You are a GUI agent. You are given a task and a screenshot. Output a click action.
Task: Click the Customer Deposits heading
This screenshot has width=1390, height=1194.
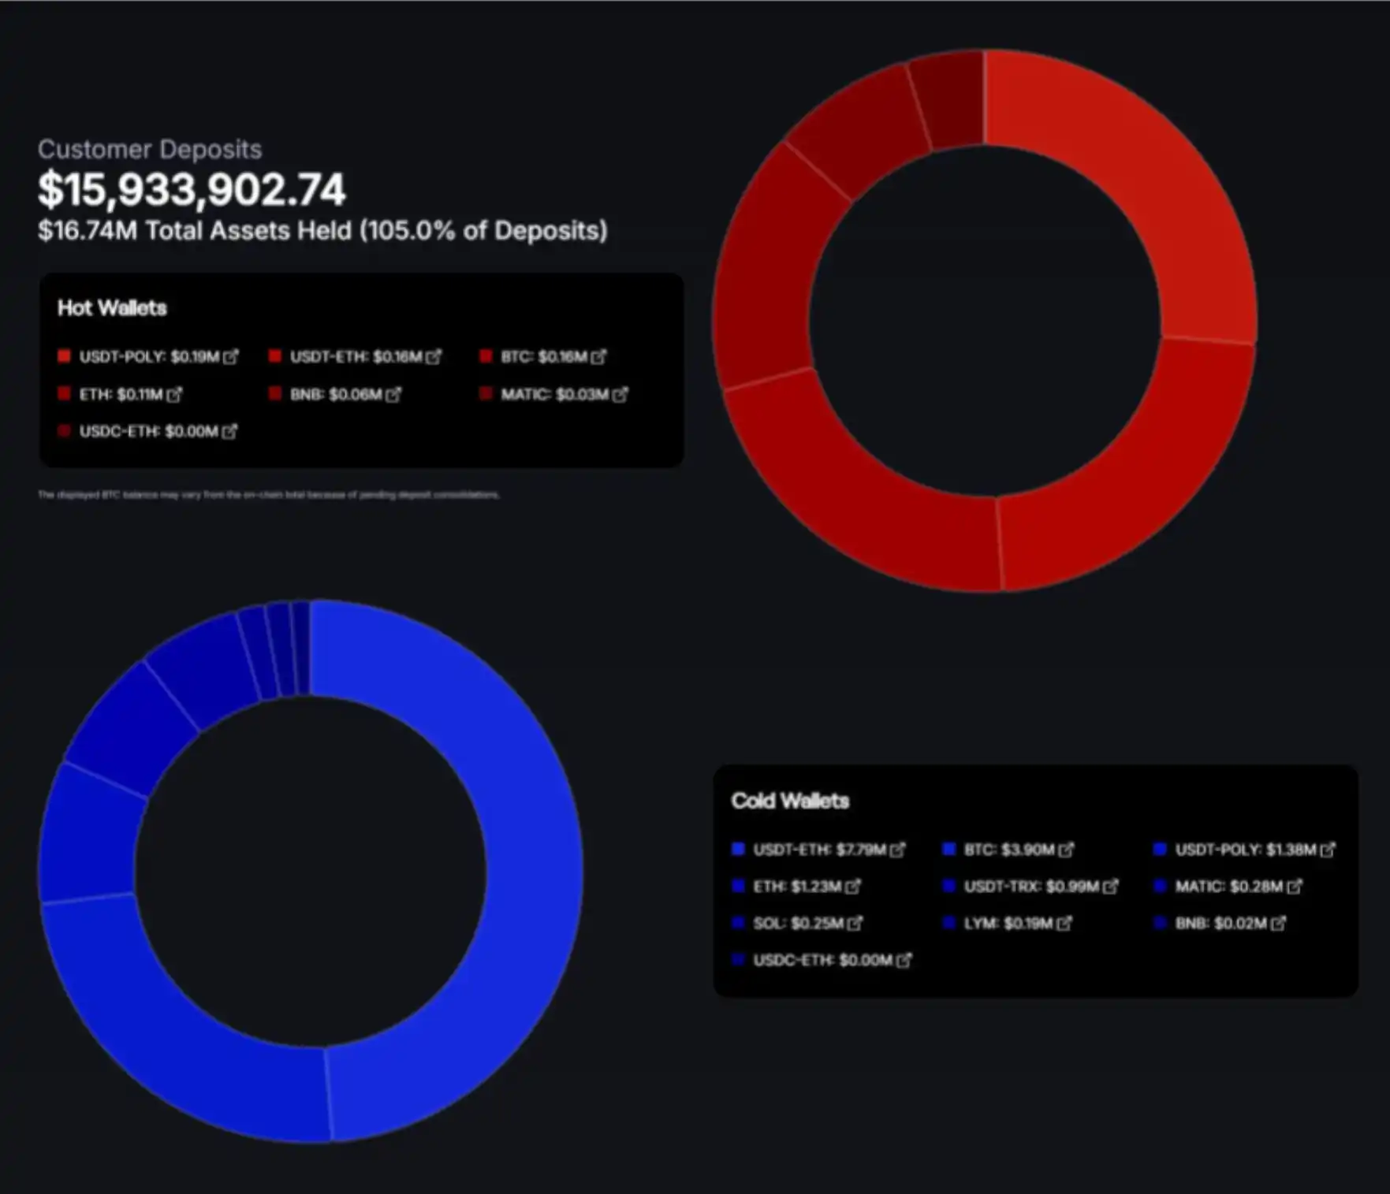[x=150, y=149]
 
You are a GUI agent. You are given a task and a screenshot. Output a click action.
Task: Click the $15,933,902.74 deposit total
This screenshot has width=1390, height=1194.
[x=192, y=190]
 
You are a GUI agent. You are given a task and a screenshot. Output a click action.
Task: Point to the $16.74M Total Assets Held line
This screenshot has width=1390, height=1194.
[x=322, y=231]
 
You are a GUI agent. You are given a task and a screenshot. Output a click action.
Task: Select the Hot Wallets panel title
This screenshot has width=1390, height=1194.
[x=112, y=308]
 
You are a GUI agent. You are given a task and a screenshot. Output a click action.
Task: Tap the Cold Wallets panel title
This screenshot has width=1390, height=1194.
[x=790, y=801]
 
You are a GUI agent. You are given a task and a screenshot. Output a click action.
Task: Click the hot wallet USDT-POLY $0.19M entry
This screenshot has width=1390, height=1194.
[x=148, y=357]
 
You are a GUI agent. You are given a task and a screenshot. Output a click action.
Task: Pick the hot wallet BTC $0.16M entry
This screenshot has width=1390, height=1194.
[x=544, y=357]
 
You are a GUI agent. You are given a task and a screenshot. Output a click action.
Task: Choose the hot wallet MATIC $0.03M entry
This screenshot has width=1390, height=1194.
[x=555, y=394]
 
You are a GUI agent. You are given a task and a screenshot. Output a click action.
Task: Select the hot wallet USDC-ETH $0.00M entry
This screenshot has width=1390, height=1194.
[x=148, y=431]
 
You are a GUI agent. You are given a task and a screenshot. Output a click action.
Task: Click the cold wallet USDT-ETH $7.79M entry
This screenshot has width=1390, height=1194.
[x=820, y=850]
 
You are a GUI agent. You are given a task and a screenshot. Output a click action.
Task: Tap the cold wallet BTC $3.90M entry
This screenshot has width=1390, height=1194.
[x=1009, y=850]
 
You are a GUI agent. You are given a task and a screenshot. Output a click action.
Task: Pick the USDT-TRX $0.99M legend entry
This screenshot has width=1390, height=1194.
[x=1031, y=887]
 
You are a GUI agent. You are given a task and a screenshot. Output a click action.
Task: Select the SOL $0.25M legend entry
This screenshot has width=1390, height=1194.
[x=799, y=923]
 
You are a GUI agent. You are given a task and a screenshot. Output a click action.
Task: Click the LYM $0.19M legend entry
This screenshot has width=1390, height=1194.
[x=1008, y=923]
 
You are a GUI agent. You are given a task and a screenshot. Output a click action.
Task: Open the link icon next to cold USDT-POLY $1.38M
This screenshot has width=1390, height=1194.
[x=1329, y=850]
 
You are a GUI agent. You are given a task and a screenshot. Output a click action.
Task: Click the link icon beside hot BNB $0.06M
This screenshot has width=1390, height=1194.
[x=393, y=394]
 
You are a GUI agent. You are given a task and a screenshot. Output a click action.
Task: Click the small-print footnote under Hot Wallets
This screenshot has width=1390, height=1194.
[x=269, y=495]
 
